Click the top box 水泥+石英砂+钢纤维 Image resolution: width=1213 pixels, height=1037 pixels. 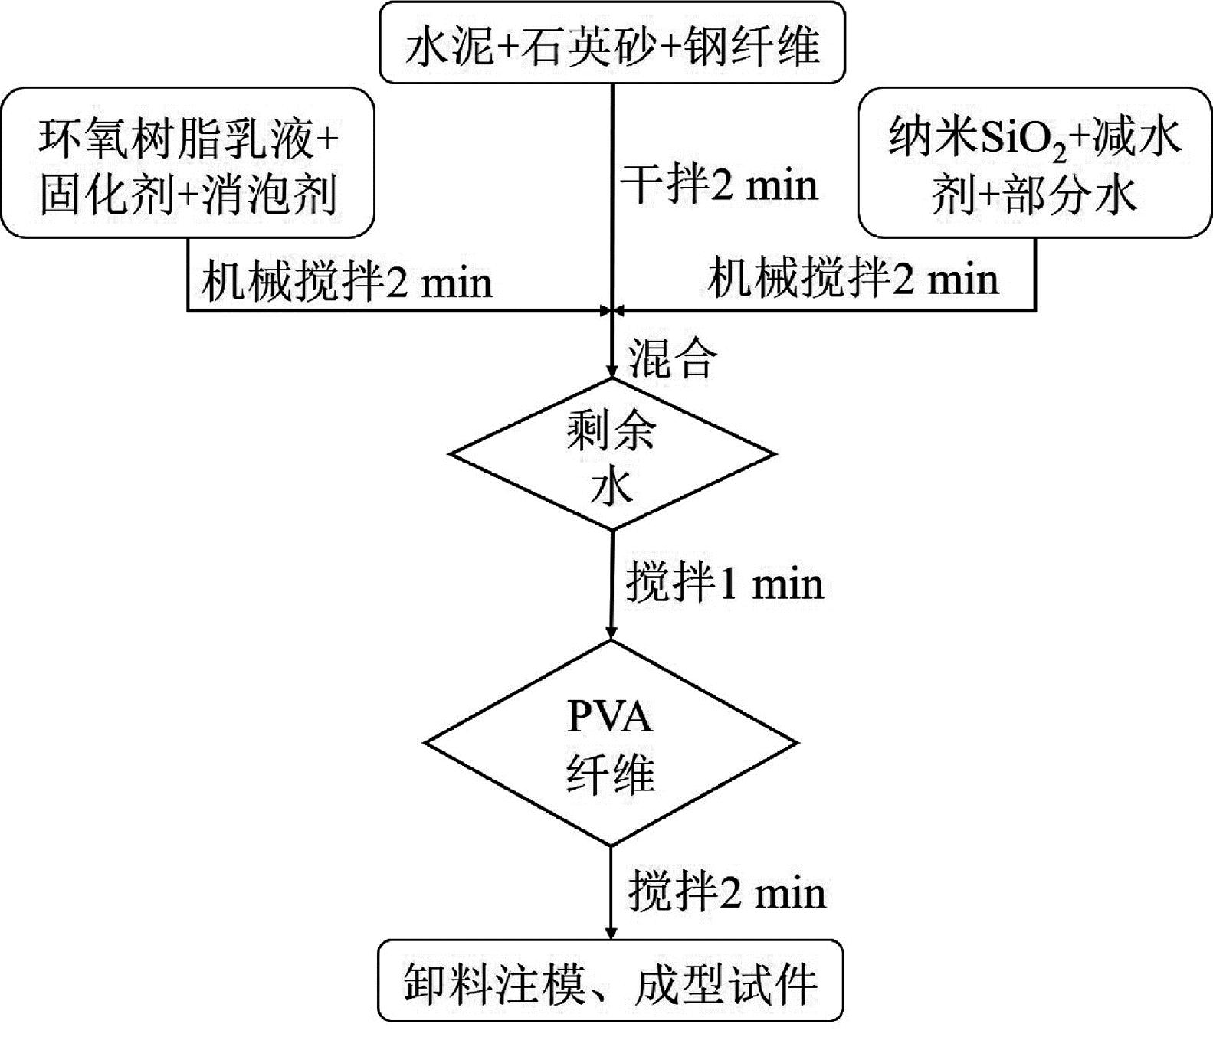click(612, 43)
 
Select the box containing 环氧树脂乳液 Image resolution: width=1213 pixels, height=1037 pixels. click(188, 162)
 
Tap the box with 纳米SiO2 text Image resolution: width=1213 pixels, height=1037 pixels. click(1034, 162)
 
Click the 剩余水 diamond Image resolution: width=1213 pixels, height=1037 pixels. click(611, 454)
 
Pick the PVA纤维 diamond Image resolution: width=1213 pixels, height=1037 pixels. click(611, 743)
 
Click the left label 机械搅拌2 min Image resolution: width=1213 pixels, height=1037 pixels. click(346, 282)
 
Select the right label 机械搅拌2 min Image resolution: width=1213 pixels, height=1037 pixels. click(853, 280)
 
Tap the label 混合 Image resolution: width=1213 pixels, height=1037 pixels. click(672, 358)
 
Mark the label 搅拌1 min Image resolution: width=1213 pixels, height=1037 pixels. click(724, 584)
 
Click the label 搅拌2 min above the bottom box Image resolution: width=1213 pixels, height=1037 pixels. click(726, 893)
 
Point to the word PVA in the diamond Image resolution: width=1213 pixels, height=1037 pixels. click(610, 718)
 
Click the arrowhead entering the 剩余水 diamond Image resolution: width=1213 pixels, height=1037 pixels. click(611, 372)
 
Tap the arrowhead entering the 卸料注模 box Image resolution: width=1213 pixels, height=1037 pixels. click(611, 934)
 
